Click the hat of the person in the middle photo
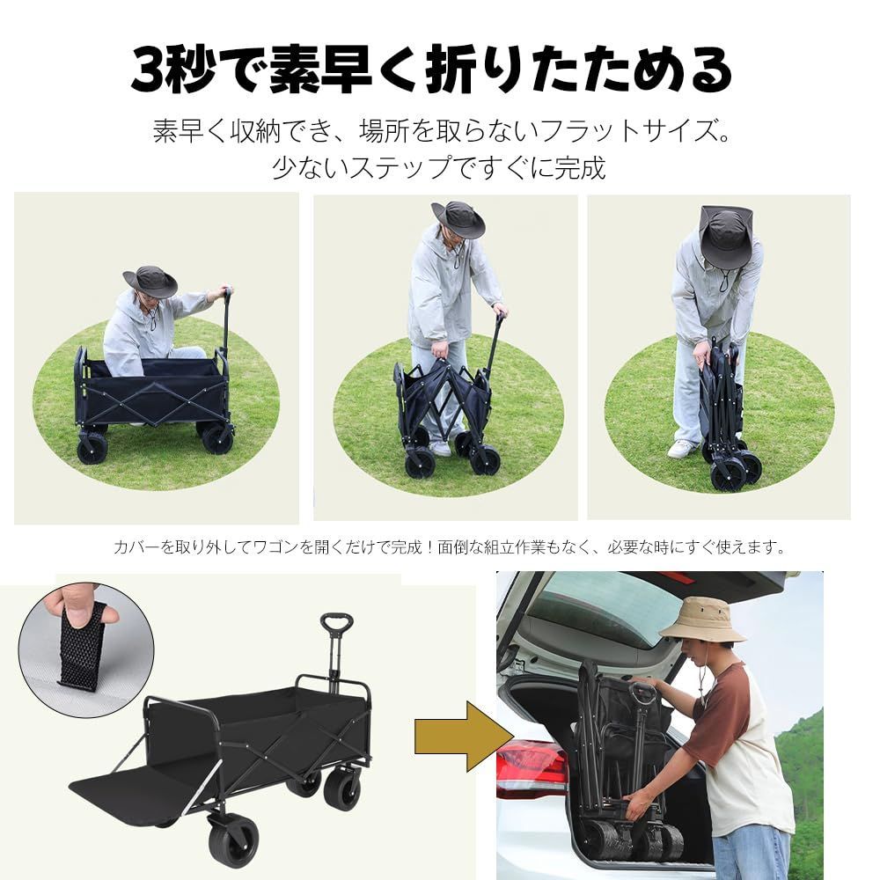[458, 218]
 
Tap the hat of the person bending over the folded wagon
[725, 236]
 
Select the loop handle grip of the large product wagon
[336, 624]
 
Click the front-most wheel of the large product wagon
[233, 840]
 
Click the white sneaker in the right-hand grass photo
[682, 449]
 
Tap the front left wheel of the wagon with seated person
[92, 449]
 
